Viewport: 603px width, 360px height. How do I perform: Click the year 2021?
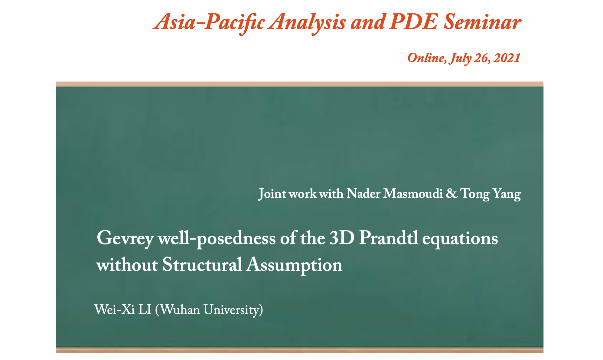507,58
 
